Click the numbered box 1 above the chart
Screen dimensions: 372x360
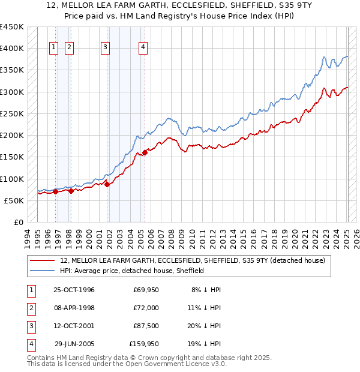54,47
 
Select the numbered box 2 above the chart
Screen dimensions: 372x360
69,47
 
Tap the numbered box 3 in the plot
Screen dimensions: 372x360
105,47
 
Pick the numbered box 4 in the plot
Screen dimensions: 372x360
143,47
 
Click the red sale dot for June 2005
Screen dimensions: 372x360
145,152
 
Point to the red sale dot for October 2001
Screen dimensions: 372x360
107,184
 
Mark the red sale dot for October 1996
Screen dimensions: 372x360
55,192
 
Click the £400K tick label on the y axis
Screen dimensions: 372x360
11,49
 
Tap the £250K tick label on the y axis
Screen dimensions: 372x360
11,113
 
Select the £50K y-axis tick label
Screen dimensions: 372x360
14,200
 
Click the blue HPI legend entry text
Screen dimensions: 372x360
132,271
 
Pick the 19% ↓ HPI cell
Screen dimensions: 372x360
206,344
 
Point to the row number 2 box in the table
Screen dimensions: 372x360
30,308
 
